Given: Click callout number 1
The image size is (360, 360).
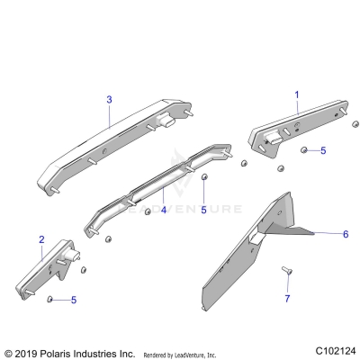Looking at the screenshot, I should point(297,94).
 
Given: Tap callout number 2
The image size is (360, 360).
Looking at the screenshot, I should point(41,239).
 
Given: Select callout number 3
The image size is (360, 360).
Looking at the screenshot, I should point(109,99).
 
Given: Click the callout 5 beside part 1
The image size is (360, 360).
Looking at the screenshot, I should point(324,150).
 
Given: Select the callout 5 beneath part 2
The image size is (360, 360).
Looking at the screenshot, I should point(73,300).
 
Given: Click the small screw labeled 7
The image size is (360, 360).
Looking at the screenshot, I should point(287,271).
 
